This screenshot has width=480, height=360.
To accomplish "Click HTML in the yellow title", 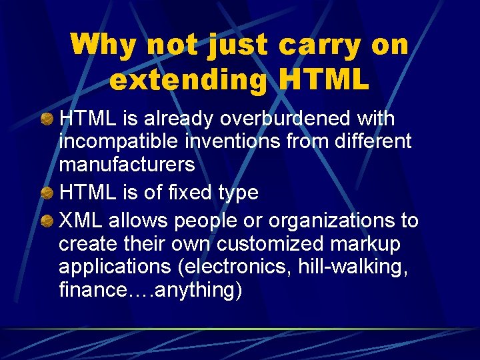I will point(325,80).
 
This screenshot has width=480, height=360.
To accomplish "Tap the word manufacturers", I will point(127,164).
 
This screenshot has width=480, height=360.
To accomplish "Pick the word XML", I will point(81,220).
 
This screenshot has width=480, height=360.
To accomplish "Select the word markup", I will point(374,244).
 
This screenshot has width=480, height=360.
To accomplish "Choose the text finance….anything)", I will point(150,291).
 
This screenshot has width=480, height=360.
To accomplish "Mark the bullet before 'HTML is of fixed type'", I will point(47,193).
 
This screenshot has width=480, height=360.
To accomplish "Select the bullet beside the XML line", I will point(47,221).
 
